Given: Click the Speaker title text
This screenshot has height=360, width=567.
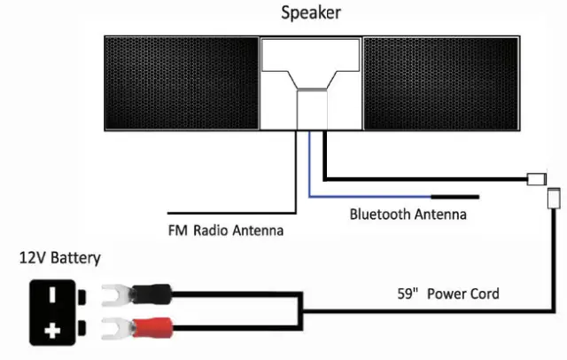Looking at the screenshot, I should pos(310,12).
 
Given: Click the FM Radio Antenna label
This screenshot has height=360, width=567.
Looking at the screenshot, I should pos(225,232).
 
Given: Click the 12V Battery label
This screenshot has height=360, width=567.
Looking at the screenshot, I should pos(60,259).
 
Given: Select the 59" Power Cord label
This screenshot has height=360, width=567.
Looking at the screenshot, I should pos(451,293).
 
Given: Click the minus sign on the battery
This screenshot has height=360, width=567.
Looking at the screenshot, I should pos(53,292).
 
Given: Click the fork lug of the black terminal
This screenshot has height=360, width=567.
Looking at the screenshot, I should pos(114,292).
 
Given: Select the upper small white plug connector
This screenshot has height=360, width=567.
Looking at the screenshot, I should pos(537,179).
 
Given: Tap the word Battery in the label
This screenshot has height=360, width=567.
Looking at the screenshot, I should pos(75,259).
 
